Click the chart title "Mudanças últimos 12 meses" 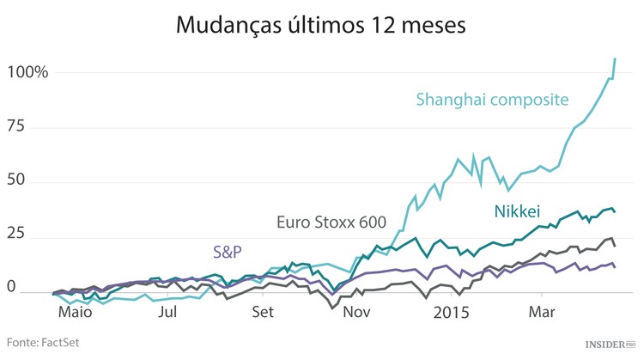tap(321, 25)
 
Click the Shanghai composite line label tap(492, 100)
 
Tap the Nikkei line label tap(517, 211)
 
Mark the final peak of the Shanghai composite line tap(615, 58)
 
